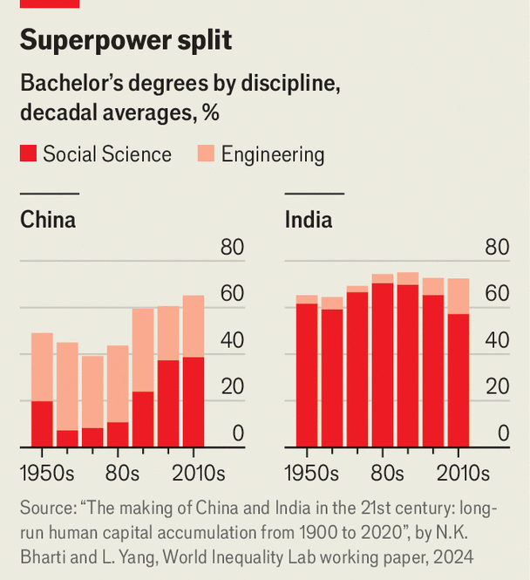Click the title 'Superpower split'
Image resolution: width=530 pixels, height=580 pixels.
click(x=126, y=40)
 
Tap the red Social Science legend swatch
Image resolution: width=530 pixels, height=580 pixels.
click(x=28, y=155)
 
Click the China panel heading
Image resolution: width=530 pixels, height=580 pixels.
click(x=48, y=220)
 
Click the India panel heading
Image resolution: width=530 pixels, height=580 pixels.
click(x=308, y=220)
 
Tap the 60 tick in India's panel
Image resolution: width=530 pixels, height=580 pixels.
click(x=496, y=294)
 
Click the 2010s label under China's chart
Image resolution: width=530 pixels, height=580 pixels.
click(x=196, y=474)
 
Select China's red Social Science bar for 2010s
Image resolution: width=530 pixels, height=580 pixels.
click(x=193, y=401)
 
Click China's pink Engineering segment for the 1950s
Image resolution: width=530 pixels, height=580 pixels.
click(x=42, y=366)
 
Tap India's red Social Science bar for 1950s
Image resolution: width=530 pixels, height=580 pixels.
click(x=307, y=375)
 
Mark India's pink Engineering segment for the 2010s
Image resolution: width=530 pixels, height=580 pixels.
click(x=458, y=296)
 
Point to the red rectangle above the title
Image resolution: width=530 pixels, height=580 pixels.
click(x=49, y=3)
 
